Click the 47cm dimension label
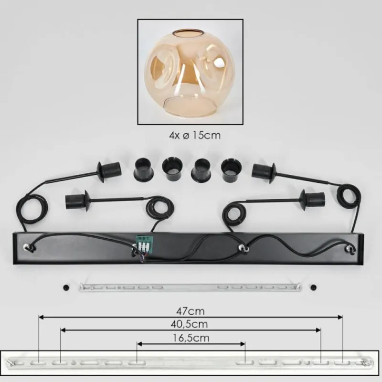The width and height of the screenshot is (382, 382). coord(190,311)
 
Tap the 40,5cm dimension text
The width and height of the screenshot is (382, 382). coord(189,324)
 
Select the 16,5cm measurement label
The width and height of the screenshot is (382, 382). coord(191,338)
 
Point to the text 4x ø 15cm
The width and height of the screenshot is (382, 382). coord(195,135)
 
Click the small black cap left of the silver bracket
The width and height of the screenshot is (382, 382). coord(66,287)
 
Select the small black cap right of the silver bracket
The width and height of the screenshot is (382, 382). coord(314,287)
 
